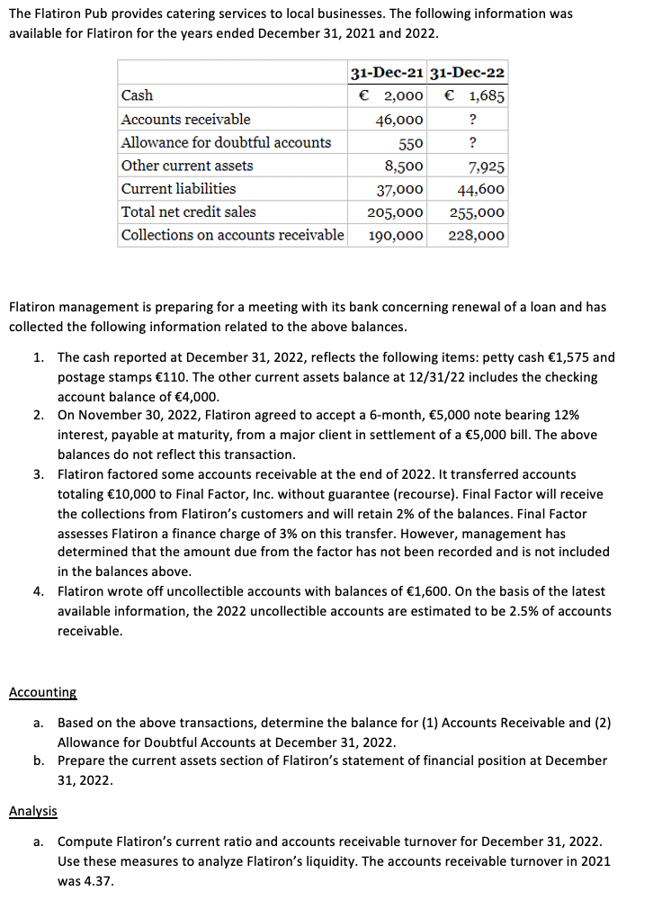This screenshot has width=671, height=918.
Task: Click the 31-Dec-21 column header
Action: pos(388,72)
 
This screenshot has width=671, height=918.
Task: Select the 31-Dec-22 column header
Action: pos(469,72)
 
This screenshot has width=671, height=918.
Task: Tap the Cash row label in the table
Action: pos(137,95)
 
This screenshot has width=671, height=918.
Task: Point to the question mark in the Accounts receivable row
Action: pos(473,119)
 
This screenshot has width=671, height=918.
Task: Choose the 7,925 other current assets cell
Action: pos(487,166)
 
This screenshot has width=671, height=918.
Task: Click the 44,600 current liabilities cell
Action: pos(481,189)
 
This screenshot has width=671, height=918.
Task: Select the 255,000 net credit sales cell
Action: pos(477,212)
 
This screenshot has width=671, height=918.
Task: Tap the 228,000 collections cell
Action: pos(477,236)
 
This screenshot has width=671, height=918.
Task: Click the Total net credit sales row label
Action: pos(189,212)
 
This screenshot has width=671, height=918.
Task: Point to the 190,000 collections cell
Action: pos(396,236)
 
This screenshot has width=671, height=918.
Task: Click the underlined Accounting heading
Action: pos(42,692)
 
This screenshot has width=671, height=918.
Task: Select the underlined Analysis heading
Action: pos(33,811)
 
